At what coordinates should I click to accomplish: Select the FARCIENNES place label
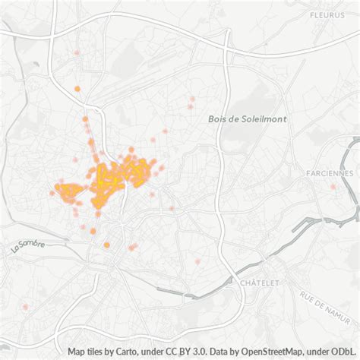coord(330,173)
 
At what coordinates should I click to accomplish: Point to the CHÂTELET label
coord(259,283)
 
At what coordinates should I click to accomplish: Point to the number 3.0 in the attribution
coord(197,352)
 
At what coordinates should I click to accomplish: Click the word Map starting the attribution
coord(77,352)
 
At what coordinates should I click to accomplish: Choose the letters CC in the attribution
coord(170,352)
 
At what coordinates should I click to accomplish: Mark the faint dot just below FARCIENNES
coord(333,187)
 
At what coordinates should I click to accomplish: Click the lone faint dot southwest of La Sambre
coord(25,307)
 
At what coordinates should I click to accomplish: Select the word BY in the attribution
coord(184,352)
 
